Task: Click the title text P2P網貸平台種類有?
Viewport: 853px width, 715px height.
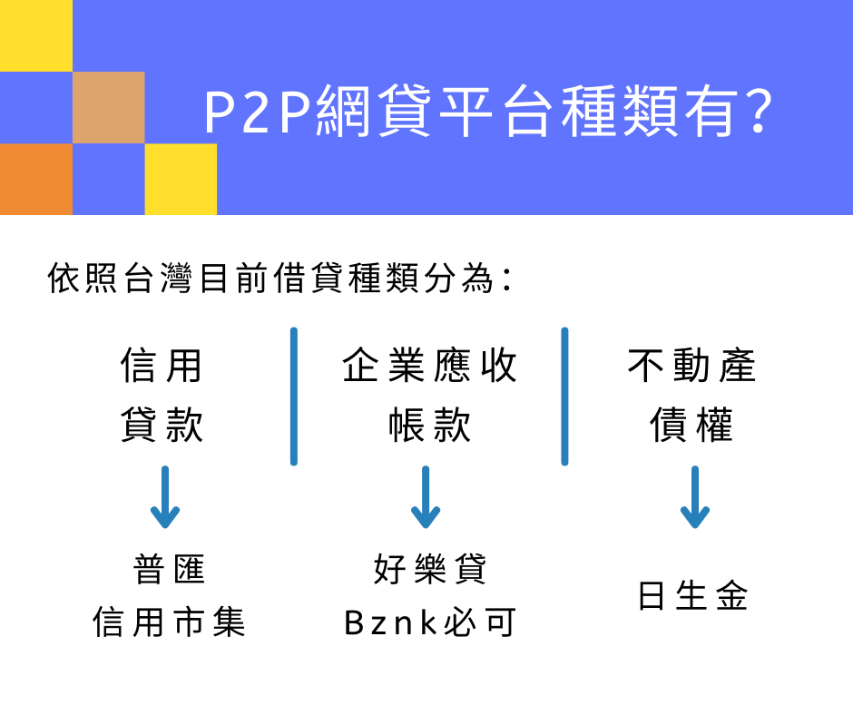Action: pos(488,112)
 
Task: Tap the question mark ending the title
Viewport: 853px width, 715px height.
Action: pos(760,111)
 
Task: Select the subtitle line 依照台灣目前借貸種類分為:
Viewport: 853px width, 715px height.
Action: pos(279,278)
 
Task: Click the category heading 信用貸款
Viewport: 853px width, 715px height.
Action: pos(162,395)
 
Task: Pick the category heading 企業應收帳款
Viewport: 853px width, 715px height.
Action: pos(429,395)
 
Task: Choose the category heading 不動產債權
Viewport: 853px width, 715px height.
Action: pos(691,395)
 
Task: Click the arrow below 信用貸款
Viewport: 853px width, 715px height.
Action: pos(165,497)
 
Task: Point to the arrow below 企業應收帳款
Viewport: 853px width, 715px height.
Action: pos(426,497)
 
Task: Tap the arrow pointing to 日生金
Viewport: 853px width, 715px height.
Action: pos(695,497)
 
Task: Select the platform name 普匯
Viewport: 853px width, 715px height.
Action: pos(169,569)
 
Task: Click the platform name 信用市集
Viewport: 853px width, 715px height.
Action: pos(169,622)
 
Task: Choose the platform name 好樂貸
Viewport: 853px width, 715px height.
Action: pos(430,569)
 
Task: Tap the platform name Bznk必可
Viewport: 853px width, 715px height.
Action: pos(430,622)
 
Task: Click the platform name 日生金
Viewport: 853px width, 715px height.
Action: pos(692,595)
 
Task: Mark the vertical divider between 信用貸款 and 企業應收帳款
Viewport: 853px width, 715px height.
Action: pos(294,397)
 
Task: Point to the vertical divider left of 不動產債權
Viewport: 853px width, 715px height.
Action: pos(564,397)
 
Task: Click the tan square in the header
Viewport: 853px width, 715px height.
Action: pos(108,107)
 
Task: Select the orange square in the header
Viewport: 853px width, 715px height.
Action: pos(36,179)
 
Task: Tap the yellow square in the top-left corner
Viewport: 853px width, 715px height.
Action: pos(36,35)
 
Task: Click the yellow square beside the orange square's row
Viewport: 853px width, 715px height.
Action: pos(181,179)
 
